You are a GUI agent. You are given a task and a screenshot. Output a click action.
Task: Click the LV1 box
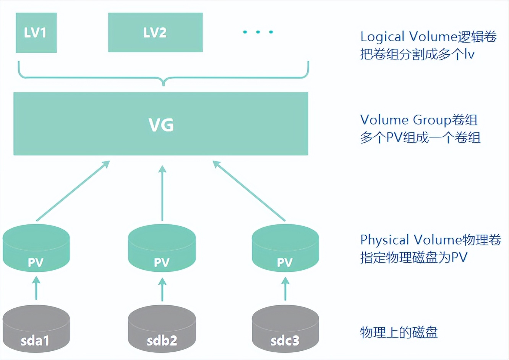36,32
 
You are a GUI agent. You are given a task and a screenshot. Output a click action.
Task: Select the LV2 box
155,32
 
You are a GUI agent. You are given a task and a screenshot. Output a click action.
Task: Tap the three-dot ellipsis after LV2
258,32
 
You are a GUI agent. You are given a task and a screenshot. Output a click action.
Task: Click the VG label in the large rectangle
161,125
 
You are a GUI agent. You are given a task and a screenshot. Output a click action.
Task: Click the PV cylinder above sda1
36,248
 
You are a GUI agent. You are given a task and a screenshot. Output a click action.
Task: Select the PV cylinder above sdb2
162,248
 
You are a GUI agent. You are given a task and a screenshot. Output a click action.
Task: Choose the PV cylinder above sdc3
285,248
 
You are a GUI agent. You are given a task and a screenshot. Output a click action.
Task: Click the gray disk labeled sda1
36,329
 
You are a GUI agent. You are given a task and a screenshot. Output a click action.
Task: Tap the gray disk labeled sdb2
162,329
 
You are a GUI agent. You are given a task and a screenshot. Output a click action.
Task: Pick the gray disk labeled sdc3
285,329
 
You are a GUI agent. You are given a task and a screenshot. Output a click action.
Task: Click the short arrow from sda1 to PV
36,289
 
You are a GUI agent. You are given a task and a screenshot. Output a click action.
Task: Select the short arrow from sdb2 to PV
162,289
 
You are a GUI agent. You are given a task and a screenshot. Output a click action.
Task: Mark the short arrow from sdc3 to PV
285,289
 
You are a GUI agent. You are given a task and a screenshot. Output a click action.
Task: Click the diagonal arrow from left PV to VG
73,191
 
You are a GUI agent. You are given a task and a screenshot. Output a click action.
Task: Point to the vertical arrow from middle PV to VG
162,193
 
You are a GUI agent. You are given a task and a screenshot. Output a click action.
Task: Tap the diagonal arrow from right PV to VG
249,191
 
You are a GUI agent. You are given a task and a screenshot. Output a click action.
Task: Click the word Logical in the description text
382,37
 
